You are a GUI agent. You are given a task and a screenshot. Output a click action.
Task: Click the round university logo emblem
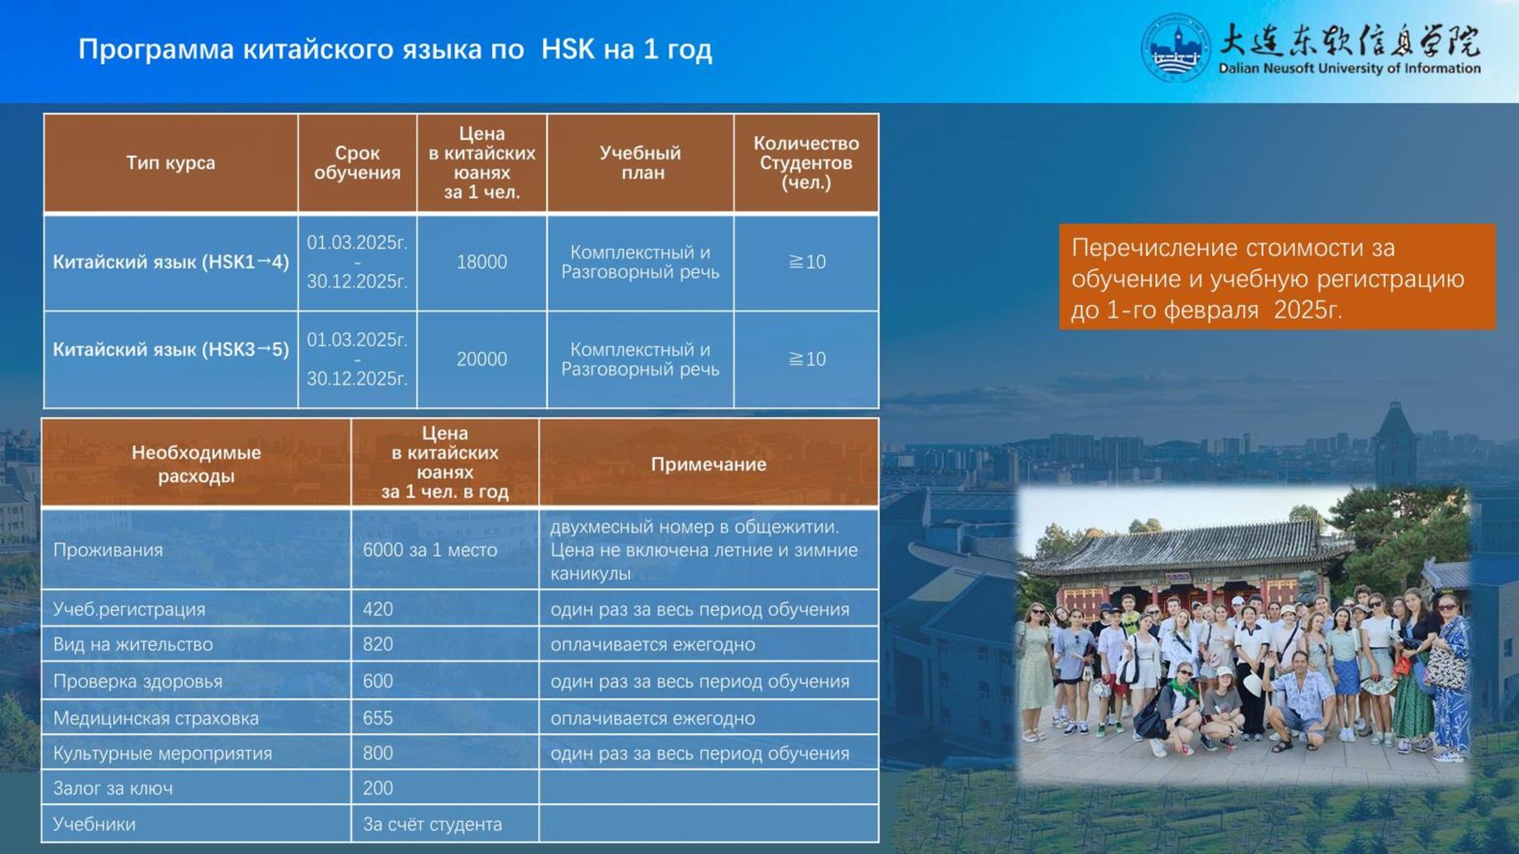[x=1176, y=48]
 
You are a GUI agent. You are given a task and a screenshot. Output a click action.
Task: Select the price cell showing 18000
[x=481, y=262]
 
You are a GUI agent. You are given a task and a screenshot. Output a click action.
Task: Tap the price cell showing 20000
[x=481, y=359]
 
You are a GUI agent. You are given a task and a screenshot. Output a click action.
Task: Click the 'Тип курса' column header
[x=170, y=163]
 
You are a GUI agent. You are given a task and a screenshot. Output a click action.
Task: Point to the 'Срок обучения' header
[x=357, y=163]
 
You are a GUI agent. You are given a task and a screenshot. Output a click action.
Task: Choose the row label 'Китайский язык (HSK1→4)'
[x=171, y=262]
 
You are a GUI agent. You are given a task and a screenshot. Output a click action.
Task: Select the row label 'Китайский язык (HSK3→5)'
[x=171, y=349]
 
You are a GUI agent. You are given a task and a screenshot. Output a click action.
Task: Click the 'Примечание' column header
[x=708, y=464]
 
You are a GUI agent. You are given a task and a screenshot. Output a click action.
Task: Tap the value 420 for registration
[x=377, y=608]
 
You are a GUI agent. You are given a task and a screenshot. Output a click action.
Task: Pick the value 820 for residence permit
[x=377, y=644]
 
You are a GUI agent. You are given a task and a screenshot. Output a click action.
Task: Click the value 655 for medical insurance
[x=377, y=718]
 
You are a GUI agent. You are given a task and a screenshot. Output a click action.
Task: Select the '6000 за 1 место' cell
[x=430, y=550]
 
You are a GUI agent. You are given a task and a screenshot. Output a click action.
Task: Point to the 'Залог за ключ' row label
[x=113, y=788]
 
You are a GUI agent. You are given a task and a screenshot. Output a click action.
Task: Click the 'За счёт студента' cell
[x=432, y=824]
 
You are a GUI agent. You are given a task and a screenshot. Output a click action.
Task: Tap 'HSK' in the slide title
[x=568, y=49]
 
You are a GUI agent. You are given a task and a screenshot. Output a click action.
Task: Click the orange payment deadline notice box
[x=1277, y=277]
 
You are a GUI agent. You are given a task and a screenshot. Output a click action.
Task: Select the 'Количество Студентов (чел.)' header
[x=806, y=163]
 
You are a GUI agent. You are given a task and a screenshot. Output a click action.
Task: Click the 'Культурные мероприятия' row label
[x=163, y=753]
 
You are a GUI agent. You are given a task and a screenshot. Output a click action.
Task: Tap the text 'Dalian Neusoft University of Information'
[x=1349, y=68]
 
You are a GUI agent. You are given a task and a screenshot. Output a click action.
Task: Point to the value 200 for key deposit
[x=377, y=788]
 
